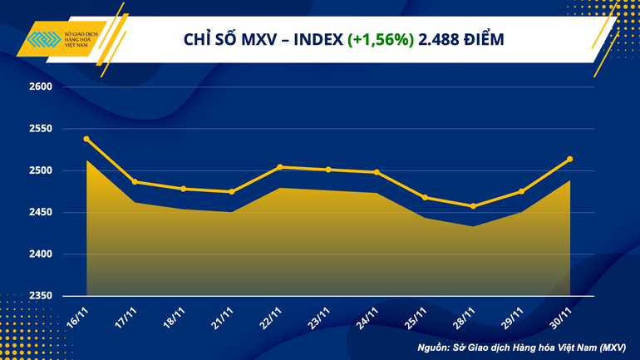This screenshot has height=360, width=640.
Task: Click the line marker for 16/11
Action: (87, 139)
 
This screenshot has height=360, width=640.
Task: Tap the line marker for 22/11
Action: (280, 167)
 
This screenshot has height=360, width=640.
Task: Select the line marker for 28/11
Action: (473, 206)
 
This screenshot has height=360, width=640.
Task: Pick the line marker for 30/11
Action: (569, 159)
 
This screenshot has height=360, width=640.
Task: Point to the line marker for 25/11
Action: (425, 197)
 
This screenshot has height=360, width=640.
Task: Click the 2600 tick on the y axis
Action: (41, 87)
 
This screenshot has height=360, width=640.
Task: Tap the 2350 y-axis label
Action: (41, 296)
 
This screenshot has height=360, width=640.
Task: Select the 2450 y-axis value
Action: (41, 213)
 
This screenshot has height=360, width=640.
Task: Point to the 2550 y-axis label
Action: (41, 129)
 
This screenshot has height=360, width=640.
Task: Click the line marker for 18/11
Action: (184, 189)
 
